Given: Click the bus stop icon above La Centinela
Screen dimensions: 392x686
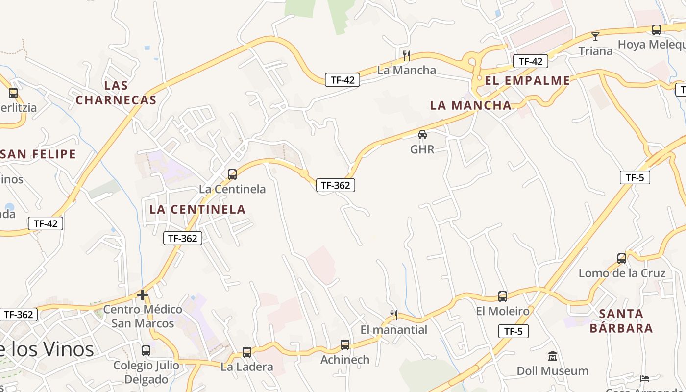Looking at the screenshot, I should pyautogui.click(x=232, y=174).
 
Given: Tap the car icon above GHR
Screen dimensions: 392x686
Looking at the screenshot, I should pyautogui.click(x=422, y=134).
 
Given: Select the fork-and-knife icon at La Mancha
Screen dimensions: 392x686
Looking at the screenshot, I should pyautogui.click(x=406, y=55).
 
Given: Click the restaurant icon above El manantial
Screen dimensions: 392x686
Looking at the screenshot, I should pyautogui.click(x=393, y=315).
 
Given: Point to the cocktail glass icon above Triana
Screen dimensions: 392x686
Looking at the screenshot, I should pyautogui.click(x=595, y=36).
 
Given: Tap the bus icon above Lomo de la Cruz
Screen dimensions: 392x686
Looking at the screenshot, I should pyautogui.click(x=622, y=258).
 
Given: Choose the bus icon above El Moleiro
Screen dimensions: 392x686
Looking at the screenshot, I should pyautogui.click(x=503, y=296).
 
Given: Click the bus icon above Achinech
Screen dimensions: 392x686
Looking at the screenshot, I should pyautogui.click(x=345, y=344).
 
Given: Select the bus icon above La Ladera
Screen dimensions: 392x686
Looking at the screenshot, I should pyautogui.click(x=247, y=352).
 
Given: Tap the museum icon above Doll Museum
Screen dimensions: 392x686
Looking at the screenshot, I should pyautogui.click(x=553, y=356).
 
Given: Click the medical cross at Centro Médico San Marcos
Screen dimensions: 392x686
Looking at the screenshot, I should pyautogui.click(x=143, y=295).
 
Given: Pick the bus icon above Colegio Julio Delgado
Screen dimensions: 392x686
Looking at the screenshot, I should pyautogui.click(x=146, y=350).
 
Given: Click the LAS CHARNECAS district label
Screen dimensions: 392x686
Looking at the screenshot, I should pyautogui.click(x=116, y=93).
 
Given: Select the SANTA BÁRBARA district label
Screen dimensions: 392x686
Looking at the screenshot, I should pyautogui.click(x=621, y=320).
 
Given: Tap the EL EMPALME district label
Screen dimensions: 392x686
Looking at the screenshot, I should pyautogui.click(x=527, y=80).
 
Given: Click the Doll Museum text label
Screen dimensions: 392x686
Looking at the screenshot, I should pyautogui.click(x=553, y=371).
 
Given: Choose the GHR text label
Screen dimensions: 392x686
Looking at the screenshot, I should pyautogui.click(x=422, y=149).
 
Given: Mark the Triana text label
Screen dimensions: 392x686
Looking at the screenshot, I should pyautogui.click(x=595, y=51).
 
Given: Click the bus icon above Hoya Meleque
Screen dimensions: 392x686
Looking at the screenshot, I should pyautogui.click(x=657, y=29).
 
